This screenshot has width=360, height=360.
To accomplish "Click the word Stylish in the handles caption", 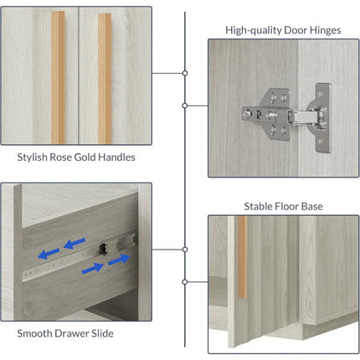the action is click(32, 157).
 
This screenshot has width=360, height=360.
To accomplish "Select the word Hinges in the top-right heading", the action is click(324, 30).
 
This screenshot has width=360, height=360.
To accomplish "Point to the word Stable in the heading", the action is click(258, 207).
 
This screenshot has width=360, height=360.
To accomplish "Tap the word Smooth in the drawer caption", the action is click(34, 333).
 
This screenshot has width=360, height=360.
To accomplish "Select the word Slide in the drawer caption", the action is click(102, 333).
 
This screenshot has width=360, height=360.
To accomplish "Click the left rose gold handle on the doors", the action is click(58, 78).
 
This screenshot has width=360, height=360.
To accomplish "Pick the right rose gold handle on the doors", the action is click(105, 79).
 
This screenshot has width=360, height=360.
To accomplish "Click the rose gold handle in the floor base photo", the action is click(243, 257).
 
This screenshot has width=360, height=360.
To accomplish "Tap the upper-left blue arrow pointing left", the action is click(75, 244).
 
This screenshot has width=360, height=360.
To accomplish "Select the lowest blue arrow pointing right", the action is click(93, 269).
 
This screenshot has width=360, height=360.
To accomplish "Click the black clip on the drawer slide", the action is click(104, 249).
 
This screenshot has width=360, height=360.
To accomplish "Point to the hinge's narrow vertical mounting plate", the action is click(323, 118).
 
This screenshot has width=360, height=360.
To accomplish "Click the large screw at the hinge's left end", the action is click(247, 114).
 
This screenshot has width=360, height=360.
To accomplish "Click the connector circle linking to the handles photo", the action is click(185, 73).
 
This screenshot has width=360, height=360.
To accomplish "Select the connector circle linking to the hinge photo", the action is click(185, 105).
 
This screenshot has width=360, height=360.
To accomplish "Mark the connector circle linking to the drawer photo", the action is click(185, 249).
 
